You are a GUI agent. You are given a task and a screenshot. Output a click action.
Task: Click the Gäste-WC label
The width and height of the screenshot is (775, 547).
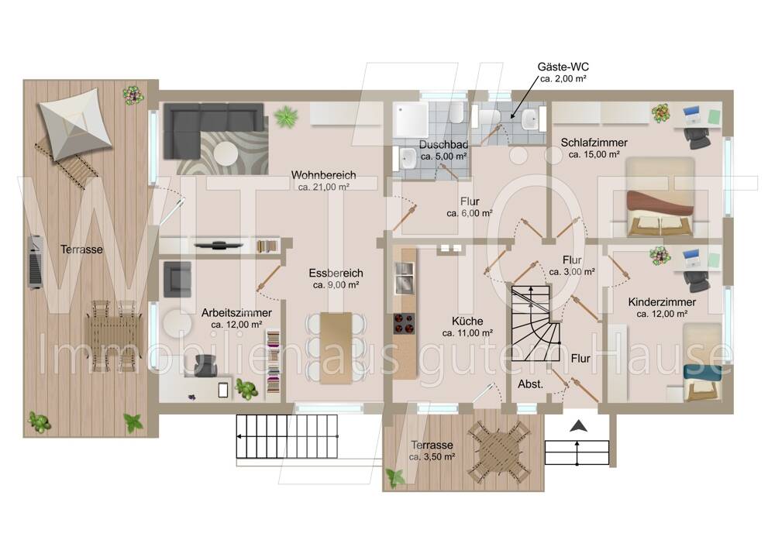(563, 67)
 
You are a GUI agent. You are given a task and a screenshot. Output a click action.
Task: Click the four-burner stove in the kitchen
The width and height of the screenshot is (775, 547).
(404, 323)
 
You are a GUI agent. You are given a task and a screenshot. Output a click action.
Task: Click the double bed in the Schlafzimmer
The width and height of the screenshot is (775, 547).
(660, 197)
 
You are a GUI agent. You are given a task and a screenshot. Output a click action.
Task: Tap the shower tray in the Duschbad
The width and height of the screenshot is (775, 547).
(410, 120)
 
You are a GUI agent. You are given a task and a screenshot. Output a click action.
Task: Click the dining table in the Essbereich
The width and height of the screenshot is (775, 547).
(336, 348)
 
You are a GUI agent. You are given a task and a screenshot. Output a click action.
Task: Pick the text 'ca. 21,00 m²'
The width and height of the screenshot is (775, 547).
(324, 187)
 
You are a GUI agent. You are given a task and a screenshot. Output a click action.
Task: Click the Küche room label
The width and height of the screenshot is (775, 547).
(467, 321)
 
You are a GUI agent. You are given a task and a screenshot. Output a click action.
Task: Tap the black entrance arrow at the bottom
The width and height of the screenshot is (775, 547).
(577, 426)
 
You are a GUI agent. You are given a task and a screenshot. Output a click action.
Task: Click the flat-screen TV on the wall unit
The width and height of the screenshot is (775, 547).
(218, 244)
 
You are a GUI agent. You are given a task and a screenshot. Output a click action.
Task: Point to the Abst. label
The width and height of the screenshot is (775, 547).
(530, 384)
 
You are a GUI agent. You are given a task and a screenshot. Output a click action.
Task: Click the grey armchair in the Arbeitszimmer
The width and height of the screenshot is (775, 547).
(177, 280)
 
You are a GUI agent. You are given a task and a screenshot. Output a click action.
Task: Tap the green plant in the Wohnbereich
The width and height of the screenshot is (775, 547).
(286, 117)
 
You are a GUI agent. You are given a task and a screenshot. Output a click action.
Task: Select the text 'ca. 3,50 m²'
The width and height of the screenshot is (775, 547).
(432, 457)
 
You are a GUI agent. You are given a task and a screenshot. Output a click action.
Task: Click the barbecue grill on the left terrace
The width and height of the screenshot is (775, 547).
(35, 261)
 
